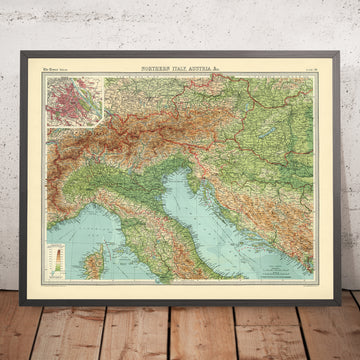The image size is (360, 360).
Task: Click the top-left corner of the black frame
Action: point(29,52)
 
